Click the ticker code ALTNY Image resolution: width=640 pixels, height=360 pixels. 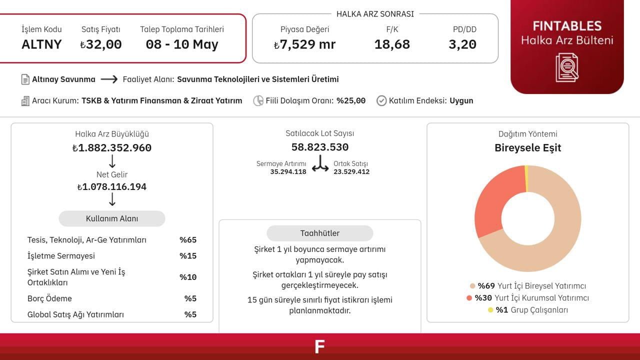point(41,44)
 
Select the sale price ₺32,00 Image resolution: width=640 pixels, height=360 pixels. point(100,44)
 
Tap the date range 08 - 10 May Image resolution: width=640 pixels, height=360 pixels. point(182,44)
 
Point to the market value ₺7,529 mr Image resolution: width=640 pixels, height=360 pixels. point(304,44)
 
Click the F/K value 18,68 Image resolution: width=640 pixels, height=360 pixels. point(392,44)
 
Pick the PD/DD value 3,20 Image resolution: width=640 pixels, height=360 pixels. point(462,44)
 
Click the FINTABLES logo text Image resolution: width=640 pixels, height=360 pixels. point(567,26)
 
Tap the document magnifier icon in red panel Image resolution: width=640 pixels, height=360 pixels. point(567,67)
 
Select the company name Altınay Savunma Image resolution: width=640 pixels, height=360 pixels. point(63,79)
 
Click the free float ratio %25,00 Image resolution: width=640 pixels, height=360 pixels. point(350,100)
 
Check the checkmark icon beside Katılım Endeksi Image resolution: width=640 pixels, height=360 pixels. point(381,100)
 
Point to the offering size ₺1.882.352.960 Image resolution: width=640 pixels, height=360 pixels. point(112,148)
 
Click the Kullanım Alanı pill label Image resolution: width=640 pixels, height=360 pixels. point(112,218)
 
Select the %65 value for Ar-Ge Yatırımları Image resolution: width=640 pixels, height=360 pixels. point(188,240)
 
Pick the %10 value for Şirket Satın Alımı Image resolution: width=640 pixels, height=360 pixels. point(188,277)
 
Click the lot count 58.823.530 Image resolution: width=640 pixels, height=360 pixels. point(320,147)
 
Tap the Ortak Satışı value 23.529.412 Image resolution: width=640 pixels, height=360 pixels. point(351,171)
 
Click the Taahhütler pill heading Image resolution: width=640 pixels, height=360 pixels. point(320,233)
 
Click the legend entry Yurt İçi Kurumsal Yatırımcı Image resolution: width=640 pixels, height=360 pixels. point(531,298)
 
